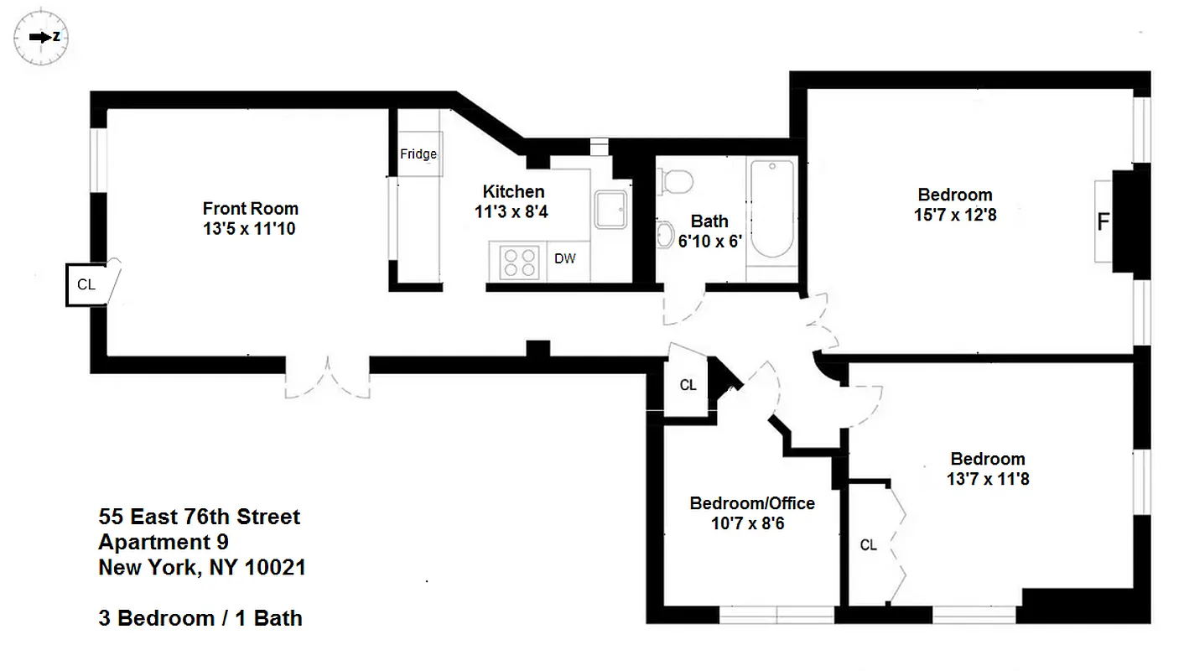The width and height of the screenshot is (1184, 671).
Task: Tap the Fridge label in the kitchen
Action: point(418,154)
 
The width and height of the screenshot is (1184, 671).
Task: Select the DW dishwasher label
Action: point(565,258)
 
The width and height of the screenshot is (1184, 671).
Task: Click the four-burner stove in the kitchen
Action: point(519,261)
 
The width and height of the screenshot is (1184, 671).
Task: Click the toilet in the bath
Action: point(677,179)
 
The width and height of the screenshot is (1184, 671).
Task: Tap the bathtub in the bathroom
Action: point(771,210)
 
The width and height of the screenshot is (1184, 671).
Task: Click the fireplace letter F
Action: point(1104,222)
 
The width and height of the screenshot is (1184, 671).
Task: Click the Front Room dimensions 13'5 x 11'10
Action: point(250,228)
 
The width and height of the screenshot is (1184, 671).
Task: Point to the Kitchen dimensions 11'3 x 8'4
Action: point(512,212)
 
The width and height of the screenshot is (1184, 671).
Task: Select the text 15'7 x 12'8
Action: point(955,215)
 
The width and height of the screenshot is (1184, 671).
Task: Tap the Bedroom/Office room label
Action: point(752,503)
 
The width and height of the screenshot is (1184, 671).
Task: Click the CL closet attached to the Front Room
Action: point(86,284)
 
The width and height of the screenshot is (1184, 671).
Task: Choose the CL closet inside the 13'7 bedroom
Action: point(869,545)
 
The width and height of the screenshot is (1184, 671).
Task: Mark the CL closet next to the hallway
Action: point(688,385)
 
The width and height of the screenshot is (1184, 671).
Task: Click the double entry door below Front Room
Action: point(327,377)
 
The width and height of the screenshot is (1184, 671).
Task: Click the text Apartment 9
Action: point(164,542)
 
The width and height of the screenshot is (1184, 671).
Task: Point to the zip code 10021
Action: point(275,568)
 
